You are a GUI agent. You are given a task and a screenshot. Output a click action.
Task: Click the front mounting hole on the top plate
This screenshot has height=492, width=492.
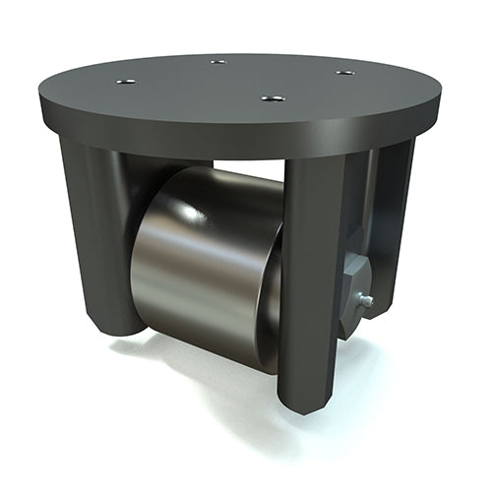(274, 98)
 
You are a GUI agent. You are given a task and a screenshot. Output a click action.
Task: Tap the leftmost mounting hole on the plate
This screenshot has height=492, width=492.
(126, 81)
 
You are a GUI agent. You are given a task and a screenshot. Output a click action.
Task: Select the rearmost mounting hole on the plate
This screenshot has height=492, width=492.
(218, 61)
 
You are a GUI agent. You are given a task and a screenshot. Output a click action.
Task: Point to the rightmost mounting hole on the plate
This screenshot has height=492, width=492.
(343, 72)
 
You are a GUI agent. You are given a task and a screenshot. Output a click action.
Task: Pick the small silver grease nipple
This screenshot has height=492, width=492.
(365, 302)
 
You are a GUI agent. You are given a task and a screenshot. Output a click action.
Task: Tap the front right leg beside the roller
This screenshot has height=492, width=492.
(310, 276)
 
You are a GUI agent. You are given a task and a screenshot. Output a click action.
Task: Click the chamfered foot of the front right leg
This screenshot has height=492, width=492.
(305, 399)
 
